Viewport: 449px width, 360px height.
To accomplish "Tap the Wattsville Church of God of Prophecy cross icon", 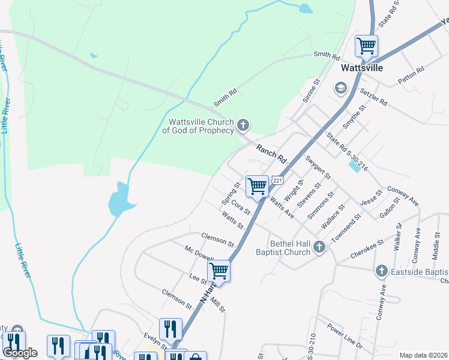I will click(243, 125).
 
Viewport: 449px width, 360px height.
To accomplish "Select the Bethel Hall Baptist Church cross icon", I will click(320, 246).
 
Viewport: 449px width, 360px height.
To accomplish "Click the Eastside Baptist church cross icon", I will click(381, 272).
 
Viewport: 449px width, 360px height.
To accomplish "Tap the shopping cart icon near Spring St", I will click(258, 187).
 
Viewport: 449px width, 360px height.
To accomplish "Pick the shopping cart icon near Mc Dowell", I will click(219, 271).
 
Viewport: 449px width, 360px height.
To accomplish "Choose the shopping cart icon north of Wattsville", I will click(366, 46).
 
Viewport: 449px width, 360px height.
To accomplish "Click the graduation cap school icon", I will click(341, 89).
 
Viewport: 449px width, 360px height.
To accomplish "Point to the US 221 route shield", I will click(277, 179).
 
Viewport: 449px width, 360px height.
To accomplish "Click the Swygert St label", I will click(318, 167).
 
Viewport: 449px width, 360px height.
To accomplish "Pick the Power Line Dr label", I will click(345, 337).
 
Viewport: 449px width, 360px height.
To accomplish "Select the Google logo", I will click(20, 352).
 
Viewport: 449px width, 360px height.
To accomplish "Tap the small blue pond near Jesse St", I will click(355, 166).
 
